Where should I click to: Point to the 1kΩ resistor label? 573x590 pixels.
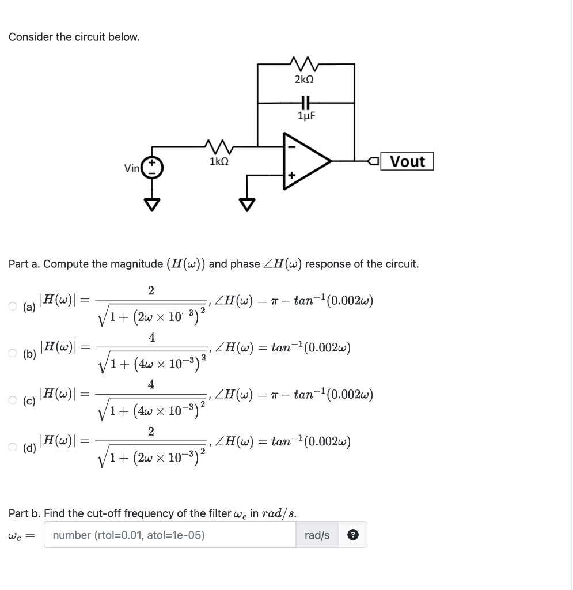pyautogui.click(x=219, y=162)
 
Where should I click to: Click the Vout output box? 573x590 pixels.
pyautogui.click(x=408, y=161)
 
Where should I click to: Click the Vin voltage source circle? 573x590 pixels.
pyautogui.click(x=154, y=168)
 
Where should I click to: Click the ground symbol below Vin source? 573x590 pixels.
pyautogui.click(x=154, y=205)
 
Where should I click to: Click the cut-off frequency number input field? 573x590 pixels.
pyautogui.click(x=170, y=535)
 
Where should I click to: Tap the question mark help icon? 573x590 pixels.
pyautogui.click(x=352, y=535)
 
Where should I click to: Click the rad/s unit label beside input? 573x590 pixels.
pyautogui.click(x=317, y=535)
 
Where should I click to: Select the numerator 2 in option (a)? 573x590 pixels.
pyautogui.click(x=151, y=290)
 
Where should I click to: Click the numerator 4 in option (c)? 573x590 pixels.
pyautogui.click(x=151, y=384)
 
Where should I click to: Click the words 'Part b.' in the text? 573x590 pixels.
pyautogui.click(x=24, y=513)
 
